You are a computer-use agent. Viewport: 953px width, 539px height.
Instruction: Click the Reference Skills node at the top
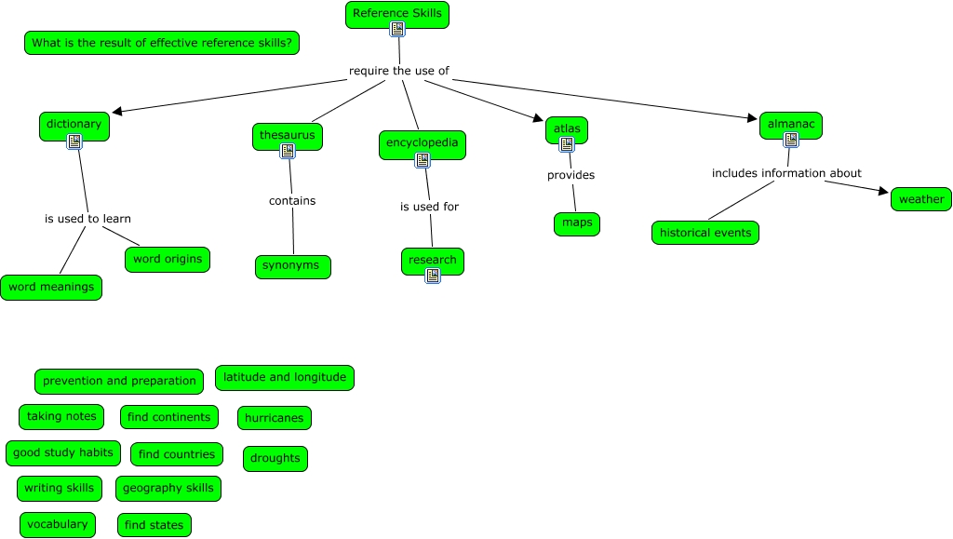pyautogui.click(x=397, y=14)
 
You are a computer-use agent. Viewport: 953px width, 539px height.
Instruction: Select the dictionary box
pyautogui.click(x=74, y=124)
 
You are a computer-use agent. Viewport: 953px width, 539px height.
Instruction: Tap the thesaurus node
pyautogui.click(x=288, y=135)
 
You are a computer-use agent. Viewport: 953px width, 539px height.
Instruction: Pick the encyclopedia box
pyautogui.click(x=423, y=143)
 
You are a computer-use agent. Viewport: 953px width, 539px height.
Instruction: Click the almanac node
pyautogui.click(x=791, y=124)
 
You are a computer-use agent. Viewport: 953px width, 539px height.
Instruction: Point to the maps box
pyautogui.click(x=577, y=223)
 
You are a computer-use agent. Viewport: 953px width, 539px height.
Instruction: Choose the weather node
pyautogui.click(x=921, y=199)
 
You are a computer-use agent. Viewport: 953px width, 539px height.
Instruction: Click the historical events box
pyautogui.click(x=705, y=233)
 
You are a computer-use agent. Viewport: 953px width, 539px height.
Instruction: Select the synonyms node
pyautogui.click(x=292, y=266)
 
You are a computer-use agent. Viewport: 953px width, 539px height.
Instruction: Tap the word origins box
pyautogui.click(x=168, y=260)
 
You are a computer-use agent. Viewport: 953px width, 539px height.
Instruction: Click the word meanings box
pyautogui.click(x=51, y=288)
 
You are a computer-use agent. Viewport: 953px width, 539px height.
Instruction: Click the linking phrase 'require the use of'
pyautogui.click(x=399, y=71)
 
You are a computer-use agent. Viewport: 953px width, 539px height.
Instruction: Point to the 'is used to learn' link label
pyautogui.click(x=87, y=220)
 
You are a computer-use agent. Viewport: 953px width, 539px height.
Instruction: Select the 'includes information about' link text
pyautogui.click(x=786, y=173)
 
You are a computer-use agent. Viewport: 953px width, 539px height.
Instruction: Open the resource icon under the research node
pyautogui.click(x=433, y=276)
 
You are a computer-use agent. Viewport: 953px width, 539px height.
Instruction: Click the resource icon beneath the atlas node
pyautogui.click(x=567, y=144)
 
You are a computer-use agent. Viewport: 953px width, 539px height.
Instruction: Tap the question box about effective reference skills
pyautogui.click(x=162, y=43)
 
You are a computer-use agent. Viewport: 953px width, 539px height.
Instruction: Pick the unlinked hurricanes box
pyautogui.click(x=275, y=418)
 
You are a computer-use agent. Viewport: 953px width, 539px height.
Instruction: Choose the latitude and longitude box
pyautogui.click(x=285, y=378)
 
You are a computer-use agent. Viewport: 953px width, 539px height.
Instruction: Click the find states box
pyautogui.click(x=154, y=525)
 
